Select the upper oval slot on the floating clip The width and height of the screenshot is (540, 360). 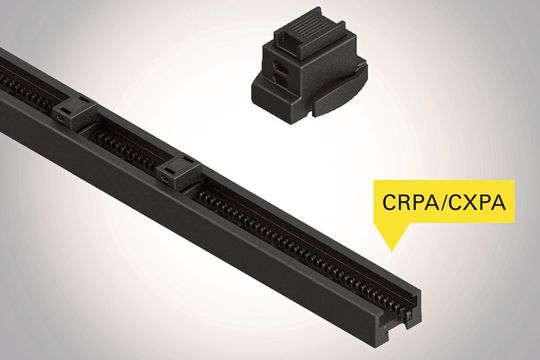click(282, 71)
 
